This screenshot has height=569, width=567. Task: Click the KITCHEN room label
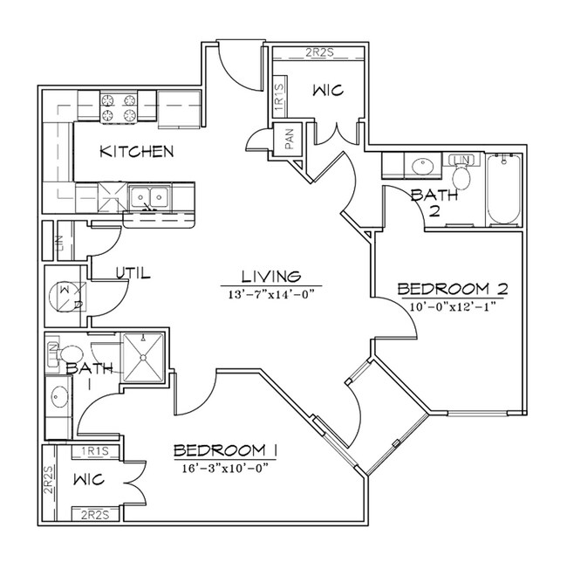[137, 151]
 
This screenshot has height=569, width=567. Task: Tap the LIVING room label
[271, 277]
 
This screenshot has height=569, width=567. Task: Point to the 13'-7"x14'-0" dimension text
[270, 294]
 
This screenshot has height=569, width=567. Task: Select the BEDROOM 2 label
[453, 289]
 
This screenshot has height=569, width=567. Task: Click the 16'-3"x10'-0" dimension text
[225, 469]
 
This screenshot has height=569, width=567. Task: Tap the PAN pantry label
[289, 140]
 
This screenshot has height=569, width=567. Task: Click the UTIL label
[133, 273]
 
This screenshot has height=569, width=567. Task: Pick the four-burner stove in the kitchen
[119, 107]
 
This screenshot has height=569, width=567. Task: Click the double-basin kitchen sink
[149, 198]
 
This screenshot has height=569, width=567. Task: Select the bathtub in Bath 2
[503, 189]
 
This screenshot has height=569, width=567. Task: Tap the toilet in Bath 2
[461, 173]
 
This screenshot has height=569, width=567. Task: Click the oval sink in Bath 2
[422, 167]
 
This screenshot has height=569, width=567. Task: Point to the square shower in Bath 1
[143, 358]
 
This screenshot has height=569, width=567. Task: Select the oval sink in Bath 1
[58, 396]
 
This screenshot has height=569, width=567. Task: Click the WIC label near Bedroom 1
[89, 480]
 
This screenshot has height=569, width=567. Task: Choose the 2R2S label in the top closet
[319, 52]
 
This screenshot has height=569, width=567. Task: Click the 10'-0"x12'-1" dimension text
[453, 307]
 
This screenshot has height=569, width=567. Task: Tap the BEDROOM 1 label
[225, 450]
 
